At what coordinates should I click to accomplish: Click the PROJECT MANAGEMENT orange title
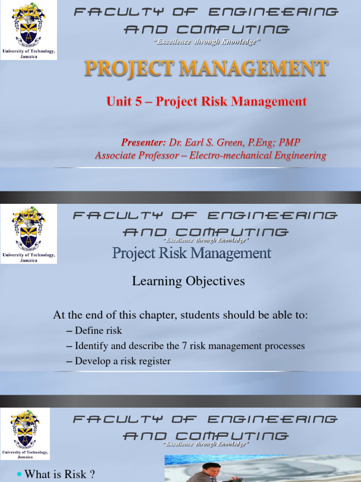206,69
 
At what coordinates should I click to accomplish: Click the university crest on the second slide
29,229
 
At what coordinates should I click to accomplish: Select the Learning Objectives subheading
188,281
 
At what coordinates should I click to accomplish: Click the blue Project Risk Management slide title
192,253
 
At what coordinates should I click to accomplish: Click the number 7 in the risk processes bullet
184,346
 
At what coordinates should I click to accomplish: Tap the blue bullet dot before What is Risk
19,474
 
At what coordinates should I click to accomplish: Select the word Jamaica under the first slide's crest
29,56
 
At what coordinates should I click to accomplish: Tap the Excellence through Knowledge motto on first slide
207,42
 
